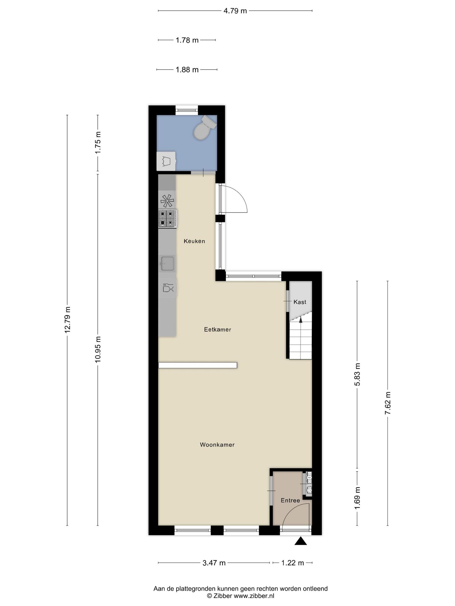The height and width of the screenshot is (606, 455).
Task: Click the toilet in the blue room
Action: [204, 128]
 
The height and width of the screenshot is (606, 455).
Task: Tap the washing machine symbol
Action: [166, 161]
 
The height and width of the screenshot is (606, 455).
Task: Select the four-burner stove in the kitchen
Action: [168, 219]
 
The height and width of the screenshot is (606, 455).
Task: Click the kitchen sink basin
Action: [167, 263]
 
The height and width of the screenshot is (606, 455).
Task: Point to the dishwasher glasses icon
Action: [168, 288]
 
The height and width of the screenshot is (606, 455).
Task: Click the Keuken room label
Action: [194, 241]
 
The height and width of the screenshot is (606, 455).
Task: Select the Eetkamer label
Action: [217, 329]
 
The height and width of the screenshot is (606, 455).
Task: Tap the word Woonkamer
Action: [217, 444]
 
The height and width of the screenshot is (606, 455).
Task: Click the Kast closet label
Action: [300, 302]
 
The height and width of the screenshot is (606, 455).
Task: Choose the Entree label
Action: [290, 500]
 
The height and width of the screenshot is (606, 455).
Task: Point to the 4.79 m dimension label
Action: [235, 11]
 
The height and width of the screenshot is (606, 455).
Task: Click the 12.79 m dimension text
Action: [68, 320]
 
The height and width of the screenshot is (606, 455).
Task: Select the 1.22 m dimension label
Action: [292, 563]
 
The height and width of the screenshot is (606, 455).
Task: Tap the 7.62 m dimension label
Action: [388, 403]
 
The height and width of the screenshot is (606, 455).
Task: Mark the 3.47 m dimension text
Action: [214, 563]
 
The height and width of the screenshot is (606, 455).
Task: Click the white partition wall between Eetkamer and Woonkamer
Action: [198, 365]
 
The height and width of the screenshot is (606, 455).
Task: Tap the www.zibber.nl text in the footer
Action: [254, 596]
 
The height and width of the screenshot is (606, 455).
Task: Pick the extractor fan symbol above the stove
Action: [167, 201]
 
